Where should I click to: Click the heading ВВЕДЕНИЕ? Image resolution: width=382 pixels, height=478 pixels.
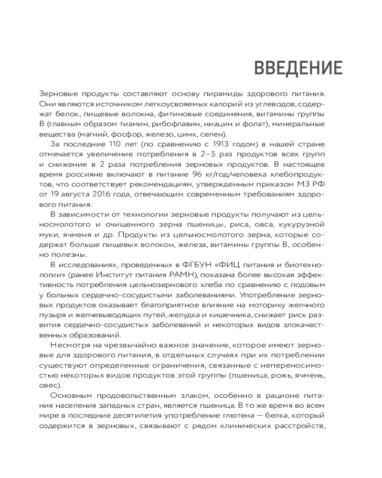point(298,68)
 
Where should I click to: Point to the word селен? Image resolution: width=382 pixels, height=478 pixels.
point(217,134)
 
